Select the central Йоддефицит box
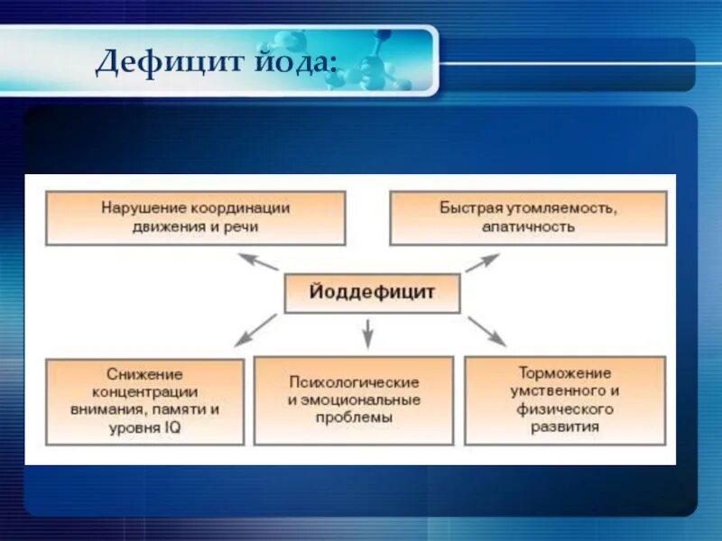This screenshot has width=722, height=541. point(372,293)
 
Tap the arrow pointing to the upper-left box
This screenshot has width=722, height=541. point(258,261)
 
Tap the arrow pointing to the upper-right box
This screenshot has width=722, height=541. point(482,262)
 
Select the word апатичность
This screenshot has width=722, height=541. point(528,226)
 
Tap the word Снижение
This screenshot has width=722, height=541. point(144,373)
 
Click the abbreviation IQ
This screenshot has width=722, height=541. point(171,427)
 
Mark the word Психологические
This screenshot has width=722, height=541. point(354,381)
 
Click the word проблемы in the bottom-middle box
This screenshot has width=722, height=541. point(354,417)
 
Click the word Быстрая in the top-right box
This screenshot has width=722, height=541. point(469,207)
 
